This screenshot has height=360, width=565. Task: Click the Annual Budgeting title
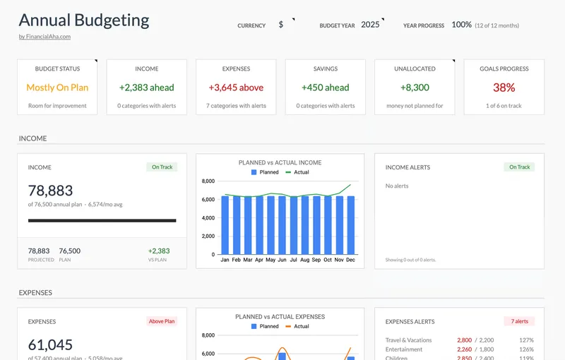click(x=84, y=20)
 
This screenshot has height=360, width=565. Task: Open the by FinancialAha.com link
click(x=44, y=37)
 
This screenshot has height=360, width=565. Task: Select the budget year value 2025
click(x=370, y=25)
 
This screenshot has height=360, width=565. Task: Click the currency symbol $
click(x=281, y=25)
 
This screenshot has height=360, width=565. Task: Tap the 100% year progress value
click(x=461, y=25)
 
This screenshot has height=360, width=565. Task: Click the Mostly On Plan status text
click(x=57, y=88)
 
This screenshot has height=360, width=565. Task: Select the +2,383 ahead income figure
click(x=146, y=88)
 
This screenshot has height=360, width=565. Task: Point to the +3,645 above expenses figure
click(x=236, y=88)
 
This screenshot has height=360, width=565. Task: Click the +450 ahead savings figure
click(x=325, y=88)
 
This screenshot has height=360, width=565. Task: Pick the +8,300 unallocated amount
click(x=415, y=88)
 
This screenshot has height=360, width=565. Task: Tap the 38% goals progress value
click(x=504, y=88)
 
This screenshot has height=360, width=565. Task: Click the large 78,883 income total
click(x=50, y=191)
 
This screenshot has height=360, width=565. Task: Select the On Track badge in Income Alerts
click(x=519, y=167)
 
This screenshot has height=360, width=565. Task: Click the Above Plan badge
click(x=162, y=321)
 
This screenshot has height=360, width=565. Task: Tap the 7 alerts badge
click(x=519, y=321)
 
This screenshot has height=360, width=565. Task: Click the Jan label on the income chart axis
click(x=225, y=260)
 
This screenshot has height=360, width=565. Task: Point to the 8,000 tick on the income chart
click(x=208, y=181)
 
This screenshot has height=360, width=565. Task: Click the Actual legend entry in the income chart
click(x=297, y=172)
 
